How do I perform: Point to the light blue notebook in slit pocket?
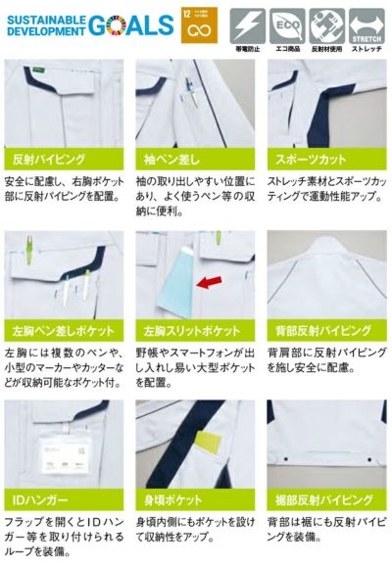(172, 283)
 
